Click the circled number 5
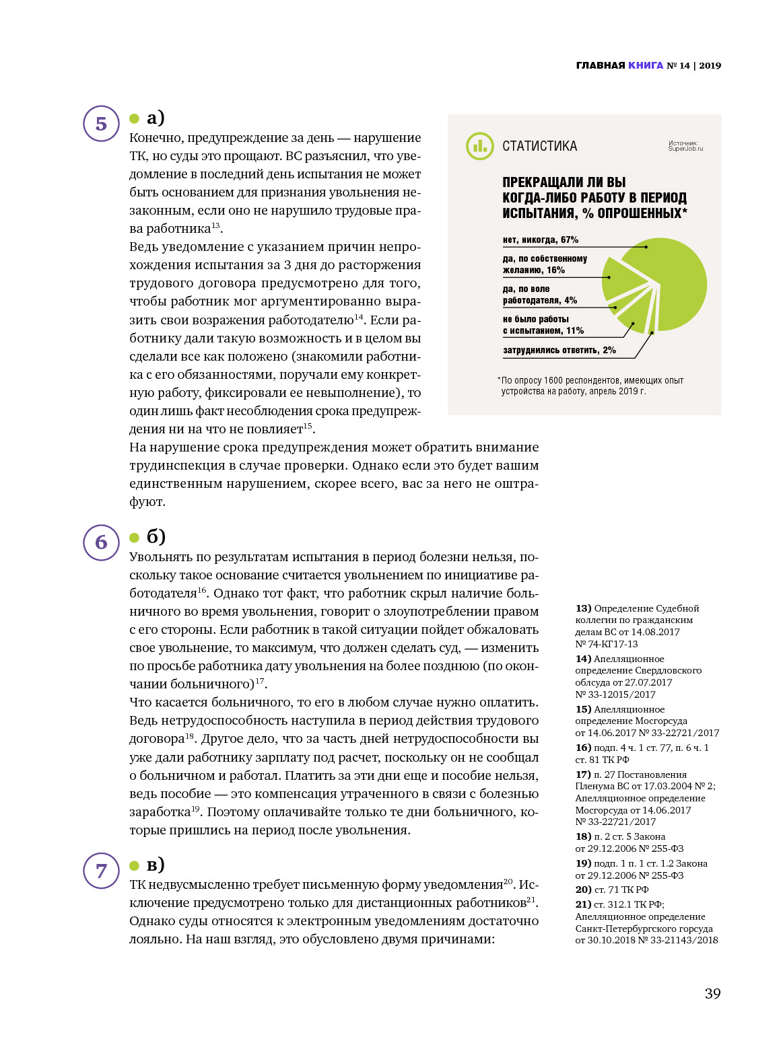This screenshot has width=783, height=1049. point(101,124)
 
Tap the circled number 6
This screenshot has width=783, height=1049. point(101,542)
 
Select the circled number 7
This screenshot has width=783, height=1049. point(101,871)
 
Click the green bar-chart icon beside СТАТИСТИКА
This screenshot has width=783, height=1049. point(479,146)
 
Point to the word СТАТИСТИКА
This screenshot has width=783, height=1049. point(539,146)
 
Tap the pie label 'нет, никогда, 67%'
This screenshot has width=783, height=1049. point(540,240)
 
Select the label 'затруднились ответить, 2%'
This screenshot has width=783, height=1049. point(559,350)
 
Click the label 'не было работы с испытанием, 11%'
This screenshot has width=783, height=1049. point(543,325)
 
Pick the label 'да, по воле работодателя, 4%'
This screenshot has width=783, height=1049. point(539,295)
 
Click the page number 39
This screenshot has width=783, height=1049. point(712,993)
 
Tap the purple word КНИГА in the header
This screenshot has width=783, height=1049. point(645,65)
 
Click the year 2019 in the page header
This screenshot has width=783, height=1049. point(710,65)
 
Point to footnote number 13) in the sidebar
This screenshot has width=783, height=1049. point(583,608)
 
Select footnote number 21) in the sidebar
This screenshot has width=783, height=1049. point(583,904)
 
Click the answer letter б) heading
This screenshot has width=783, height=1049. point(156,536)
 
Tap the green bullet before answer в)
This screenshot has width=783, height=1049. point(134,865)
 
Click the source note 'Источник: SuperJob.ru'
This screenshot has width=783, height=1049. point(685,146)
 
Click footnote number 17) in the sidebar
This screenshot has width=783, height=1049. point(583,774)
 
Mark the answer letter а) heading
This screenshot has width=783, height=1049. point(156,118)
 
